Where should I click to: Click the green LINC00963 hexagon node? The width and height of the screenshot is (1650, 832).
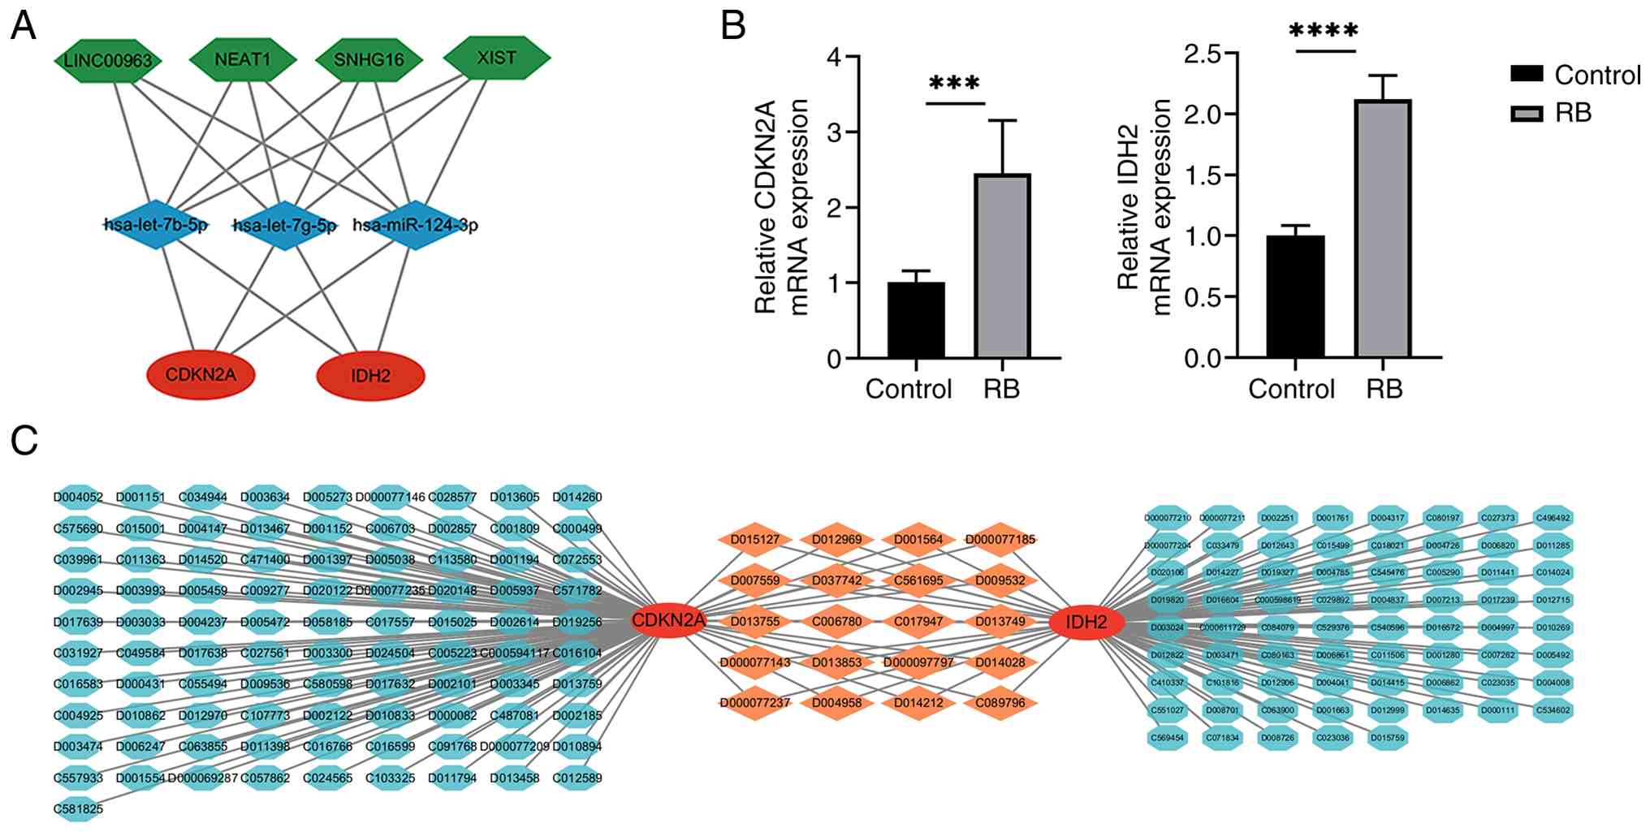tap(108, 60)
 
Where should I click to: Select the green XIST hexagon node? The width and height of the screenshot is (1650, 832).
tap(497, 57)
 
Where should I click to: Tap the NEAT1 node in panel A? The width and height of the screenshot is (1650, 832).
tap(243, 58)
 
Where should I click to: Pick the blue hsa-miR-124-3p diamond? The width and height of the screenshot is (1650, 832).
tap(416, 225)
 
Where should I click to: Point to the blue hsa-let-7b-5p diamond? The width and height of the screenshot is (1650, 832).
tap(156, 225)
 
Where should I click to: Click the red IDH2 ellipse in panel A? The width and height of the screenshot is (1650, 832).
tap(370, 376)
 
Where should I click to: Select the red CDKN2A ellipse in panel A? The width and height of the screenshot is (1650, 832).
tap(201, 374)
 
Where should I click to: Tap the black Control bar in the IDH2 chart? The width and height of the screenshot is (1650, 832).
tap(1295, 296)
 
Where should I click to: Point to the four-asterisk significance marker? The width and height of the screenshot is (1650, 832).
tap(1324, 31)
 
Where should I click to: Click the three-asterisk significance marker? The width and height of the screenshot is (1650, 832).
tap(954, 84)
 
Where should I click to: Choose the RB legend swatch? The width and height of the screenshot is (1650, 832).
tap(1526, 114)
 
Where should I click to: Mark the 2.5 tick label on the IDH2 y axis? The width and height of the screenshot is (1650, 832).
tap(1203, 54)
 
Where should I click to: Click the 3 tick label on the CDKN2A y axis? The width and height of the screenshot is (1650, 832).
tap(834, 132)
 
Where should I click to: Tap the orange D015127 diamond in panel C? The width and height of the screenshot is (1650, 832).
tap(755, 539)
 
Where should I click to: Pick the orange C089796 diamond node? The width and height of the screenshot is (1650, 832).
tap(1000, 703)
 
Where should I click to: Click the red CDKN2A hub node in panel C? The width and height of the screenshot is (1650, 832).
tap(669, 622)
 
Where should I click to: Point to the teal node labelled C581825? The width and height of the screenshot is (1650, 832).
tap(78, 808)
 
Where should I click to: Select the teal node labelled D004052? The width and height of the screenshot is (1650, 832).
tap(78, 497)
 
